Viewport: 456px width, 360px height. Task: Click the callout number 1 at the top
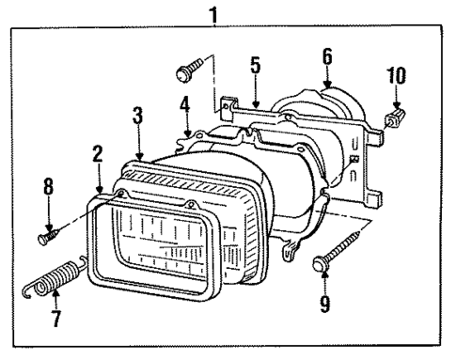(214, 14)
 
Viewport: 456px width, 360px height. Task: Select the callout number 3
(137, 115)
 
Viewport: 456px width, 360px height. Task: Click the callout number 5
(255, 65)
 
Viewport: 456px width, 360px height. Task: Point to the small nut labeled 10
(395, 116)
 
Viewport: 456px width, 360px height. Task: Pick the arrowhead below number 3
(140, 152)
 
